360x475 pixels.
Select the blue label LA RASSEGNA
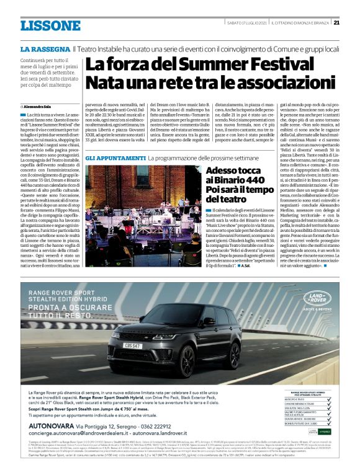pyautogui.click(x=45, y=48)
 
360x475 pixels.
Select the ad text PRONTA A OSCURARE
pyautogui.click(x=68, y=306)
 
